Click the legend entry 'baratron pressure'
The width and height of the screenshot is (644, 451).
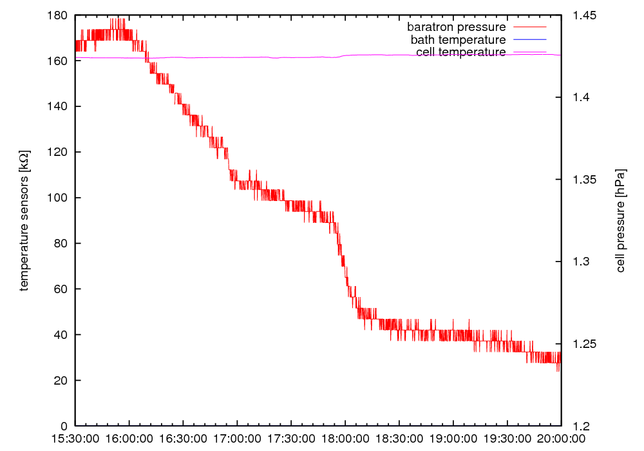(x=456, y=27)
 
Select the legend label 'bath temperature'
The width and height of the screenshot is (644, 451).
(x=458, y=40)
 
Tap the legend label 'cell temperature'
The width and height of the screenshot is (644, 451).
(x=460, y=52)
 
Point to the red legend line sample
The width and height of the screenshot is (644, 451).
(x=529, y=27)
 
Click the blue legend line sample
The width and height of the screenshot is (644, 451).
(x=529, y=40)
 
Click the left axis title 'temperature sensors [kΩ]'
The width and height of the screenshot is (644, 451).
(x=24, y=221)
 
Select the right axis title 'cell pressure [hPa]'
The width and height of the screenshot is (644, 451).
(x=621, y=221)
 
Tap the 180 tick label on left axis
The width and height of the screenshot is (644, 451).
(x=58, y=15)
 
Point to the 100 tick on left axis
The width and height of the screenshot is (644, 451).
(x=58, y=198)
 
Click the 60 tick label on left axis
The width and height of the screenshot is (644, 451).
(x=61, y=289)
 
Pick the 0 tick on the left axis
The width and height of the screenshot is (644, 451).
(x=63, y=426)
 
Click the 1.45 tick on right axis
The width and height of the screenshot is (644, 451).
(x=585, y=15)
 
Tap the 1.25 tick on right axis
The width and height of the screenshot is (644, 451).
(x=585, y=344)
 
